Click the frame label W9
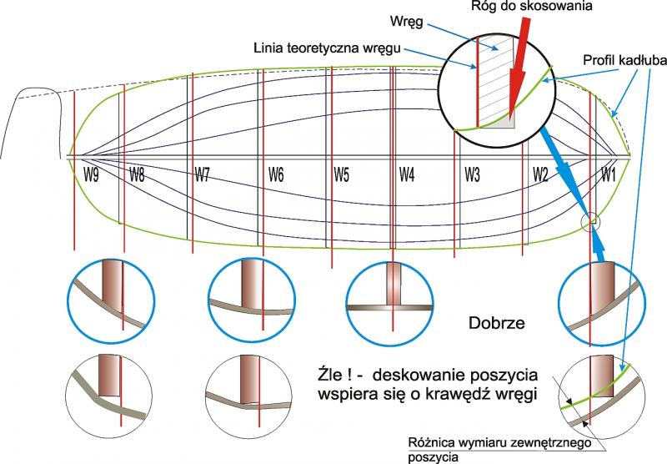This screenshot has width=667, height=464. click(x=91, y=174)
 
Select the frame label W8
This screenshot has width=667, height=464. click(x=137, y=174)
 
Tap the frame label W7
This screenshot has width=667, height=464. click(x=203, y=174)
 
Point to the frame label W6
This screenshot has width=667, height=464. click(x=276, y=174)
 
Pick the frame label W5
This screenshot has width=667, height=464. click(x=342, y=174)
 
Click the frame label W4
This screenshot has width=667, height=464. click(x=407, y=174)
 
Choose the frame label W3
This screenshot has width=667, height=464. click(x=472, y=174)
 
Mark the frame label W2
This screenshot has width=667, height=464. click(x=540, y=174)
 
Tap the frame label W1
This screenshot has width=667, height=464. click(x=609, y=174)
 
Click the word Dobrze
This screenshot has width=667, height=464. click(x=497, y=323)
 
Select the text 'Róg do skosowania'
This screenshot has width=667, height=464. click(x=531, y=6)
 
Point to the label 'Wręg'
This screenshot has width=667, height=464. click(x=407, y=22)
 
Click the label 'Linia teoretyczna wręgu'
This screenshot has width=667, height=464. click(x=327, y=48)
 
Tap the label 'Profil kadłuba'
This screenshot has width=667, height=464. click(x=624, y=60)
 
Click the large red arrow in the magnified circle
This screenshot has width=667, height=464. click(x=519, y=68)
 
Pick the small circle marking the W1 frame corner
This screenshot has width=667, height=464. click(x=591, y=222)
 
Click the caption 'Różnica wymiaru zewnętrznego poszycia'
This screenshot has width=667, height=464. click(x=499, y=450)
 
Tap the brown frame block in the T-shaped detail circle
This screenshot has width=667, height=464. click(x=393, y=284)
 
